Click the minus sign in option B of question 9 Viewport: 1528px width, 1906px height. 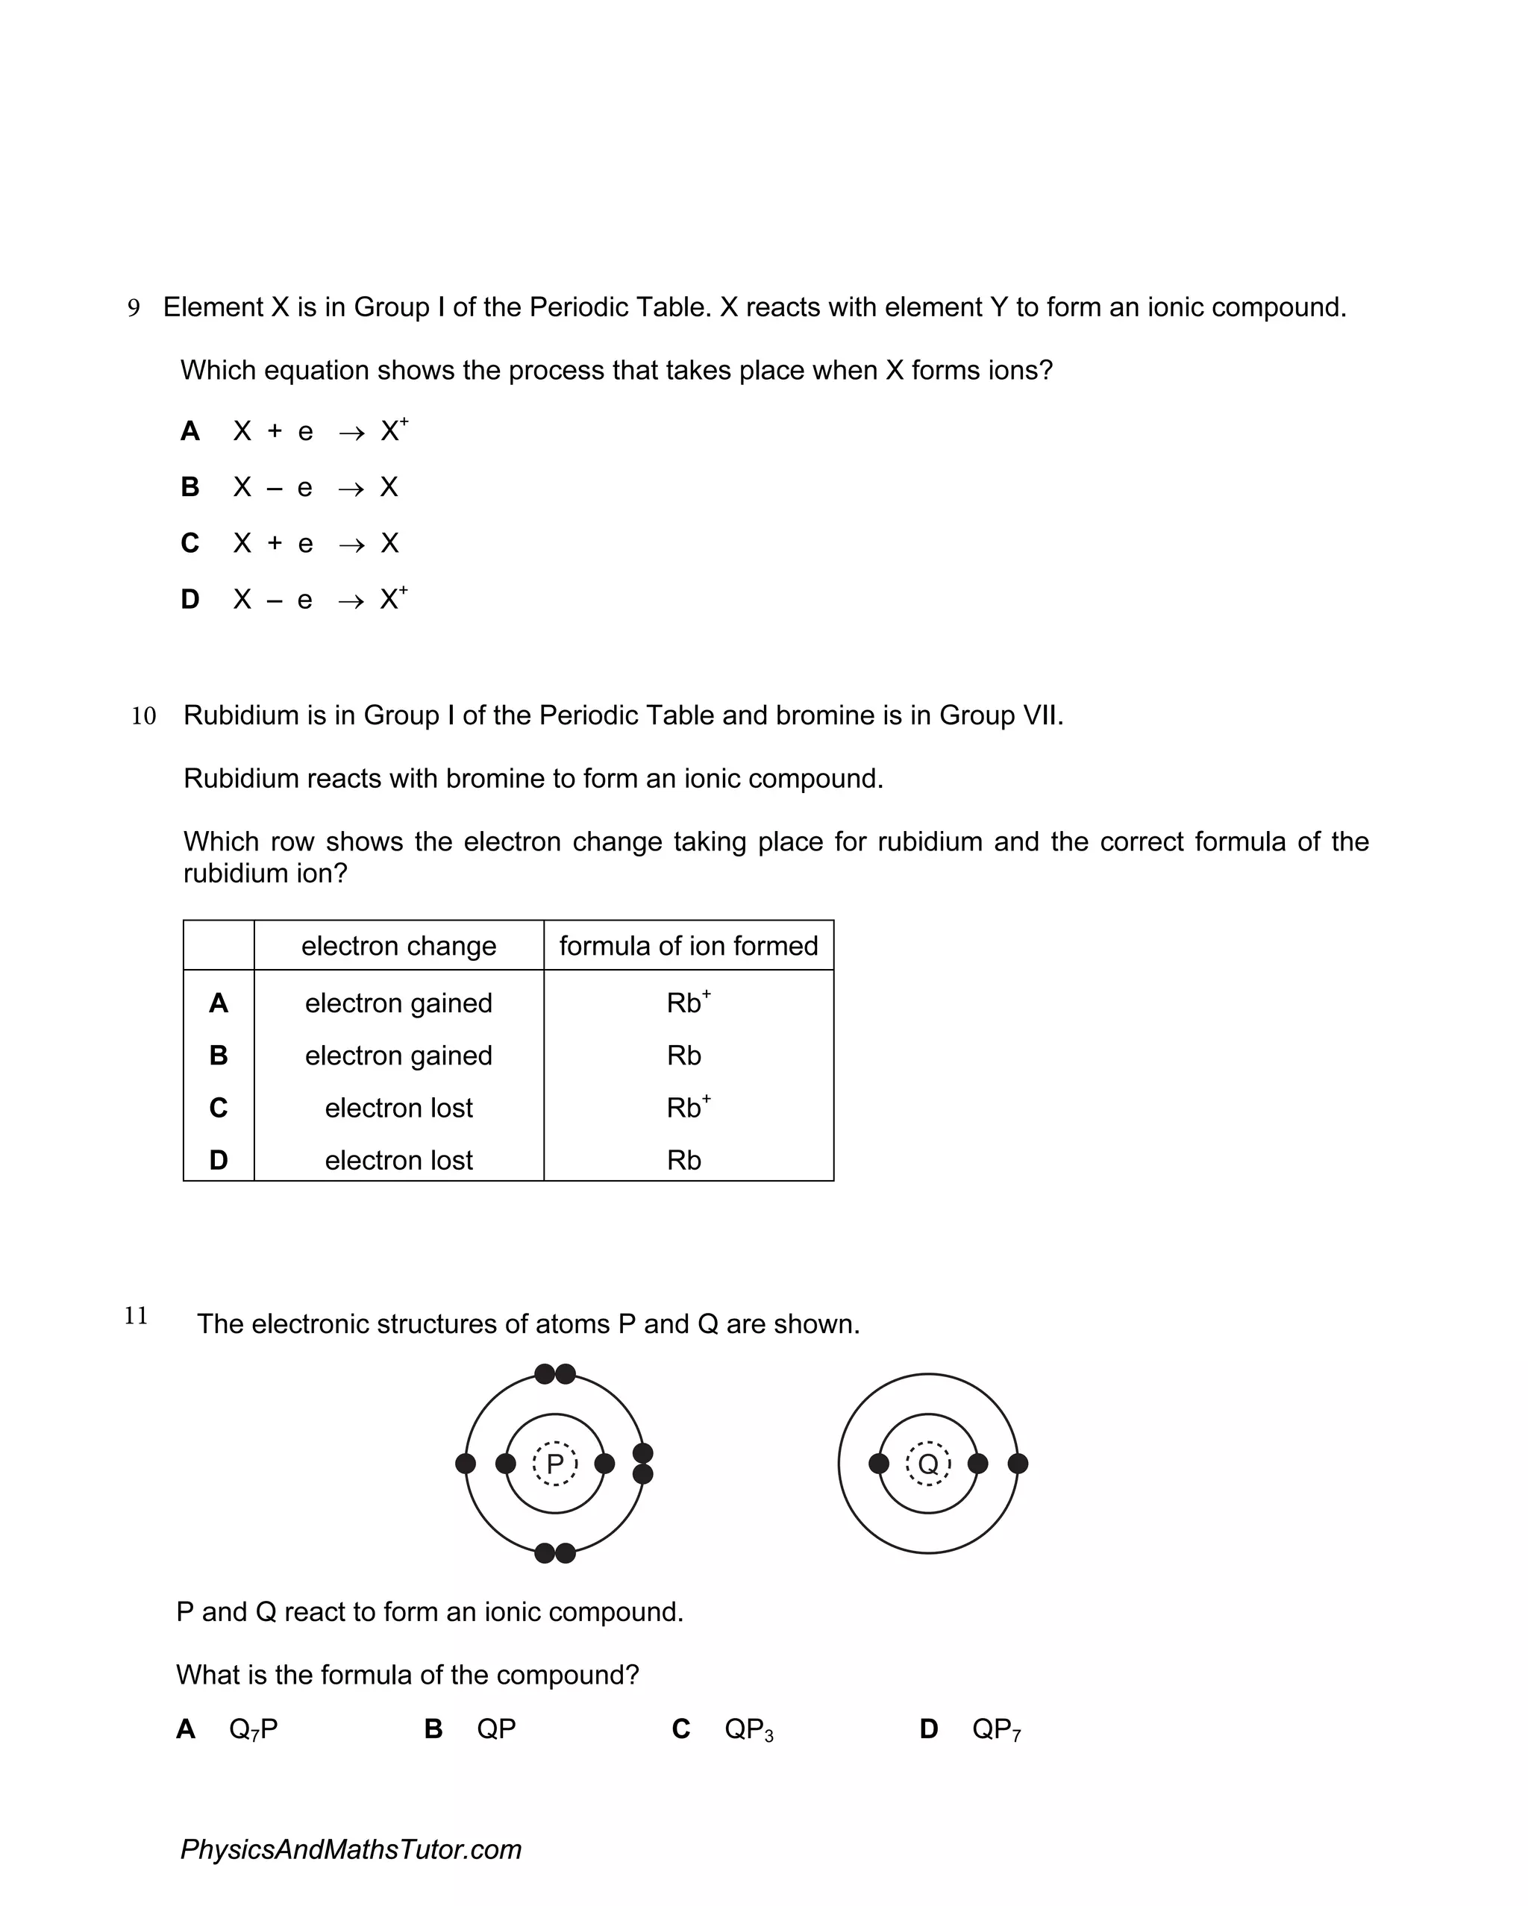point(274,489)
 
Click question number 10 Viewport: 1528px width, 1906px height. point(143,716)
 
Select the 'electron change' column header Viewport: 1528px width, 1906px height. point(399,946)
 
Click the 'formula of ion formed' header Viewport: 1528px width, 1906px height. point(688,946)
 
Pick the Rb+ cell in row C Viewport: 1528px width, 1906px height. point(688,1107)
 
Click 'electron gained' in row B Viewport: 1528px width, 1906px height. point(399,1056)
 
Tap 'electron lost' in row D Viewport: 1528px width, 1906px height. point(399,1160)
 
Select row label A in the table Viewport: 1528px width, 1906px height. point(219,1003)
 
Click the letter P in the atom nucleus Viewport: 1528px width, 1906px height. point(554,1464)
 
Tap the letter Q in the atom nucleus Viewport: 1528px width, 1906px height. point(927,1464)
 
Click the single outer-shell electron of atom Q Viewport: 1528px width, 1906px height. point(1018,1463)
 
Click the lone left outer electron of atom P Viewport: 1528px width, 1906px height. point(465,1463)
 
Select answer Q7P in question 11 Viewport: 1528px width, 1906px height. point(253,1729)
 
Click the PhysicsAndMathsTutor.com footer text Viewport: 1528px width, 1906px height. point(351,1849)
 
